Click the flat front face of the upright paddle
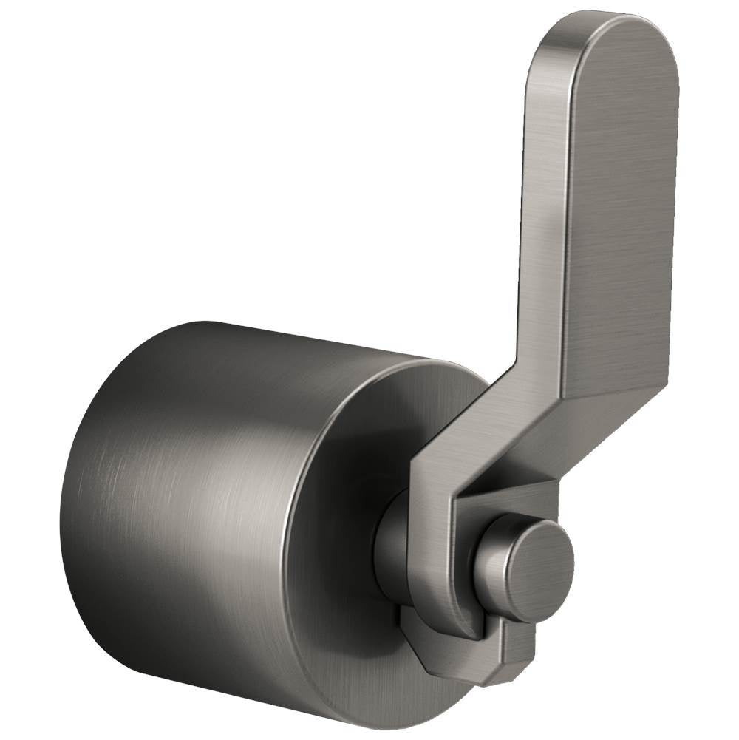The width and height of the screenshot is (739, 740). [x=624, y=222]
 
